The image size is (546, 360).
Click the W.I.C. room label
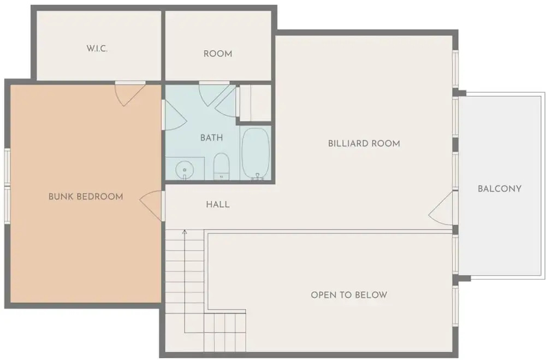(97, 49)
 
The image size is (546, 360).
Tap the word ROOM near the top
(218, 54)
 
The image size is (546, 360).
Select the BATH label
(211, 138)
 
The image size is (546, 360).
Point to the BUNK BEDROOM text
(86, 197)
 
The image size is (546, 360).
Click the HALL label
(218, 204)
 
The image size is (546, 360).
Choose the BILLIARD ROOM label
(364, 144)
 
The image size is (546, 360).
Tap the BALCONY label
(500, 189)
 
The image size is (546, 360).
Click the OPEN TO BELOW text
(349, 295)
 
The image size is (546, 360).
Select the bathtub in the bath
(256, 154)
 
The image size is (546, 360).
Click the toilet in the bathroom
(221, 166)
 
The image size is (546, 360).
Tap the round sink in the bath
(184, 170)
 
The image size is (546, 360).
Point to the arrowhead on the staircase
(185, 232)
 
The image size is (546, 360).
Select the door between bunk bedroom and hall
(151, 205)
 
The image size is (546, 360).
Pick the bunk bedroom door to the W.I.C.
(129, 93)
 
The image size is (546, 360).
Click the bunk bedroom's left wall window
(7, 185)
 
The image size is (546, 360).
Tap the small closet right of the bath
(255, 103)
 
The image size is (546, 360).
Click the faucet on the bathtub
(257, 176)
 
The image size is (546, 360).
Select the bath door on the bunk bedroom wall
(175, 115)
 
